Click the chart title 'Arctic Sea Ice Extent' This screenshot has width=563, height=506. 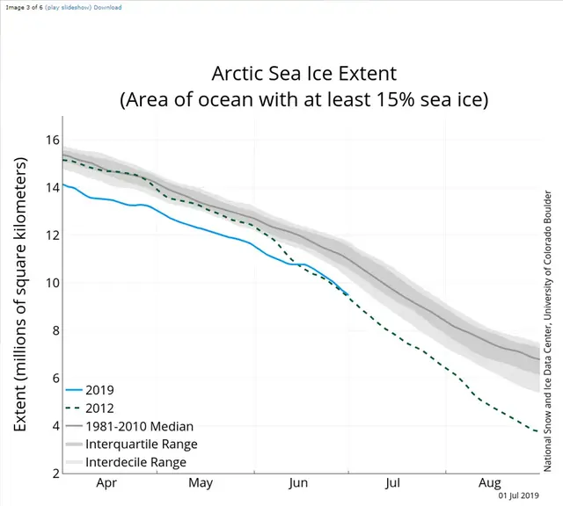[x=303, y=72]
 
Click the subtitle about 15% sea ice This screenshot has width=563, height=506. [x=303, y=99]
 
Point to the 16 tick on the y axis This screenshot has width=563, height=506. [x=52, y=140]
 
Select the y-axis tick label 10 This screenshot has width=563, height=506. [x=52, y=283]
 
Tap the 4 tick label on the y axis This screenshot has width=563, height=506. [x=55, y=426]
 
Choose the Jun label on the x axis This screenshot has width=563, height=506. [x=297, y=482]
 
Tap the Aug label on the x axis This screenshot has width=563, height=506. [x=490, y=482]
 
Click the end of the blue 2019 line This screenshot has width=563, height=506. [x=348, y=294]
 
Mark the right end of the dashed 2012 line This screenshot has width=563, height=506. [x=538, y=431]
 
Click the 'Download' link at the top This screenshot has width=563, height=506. [x=107, y=7]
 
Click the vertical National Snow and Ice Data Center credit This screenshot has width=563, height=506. [x=549, y=316]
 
